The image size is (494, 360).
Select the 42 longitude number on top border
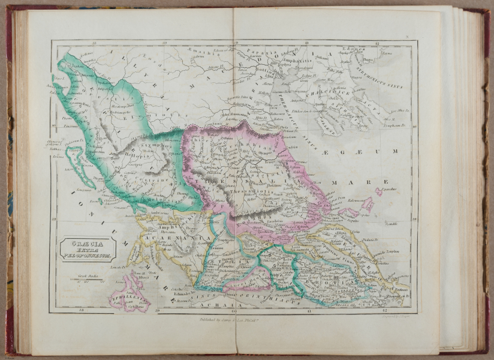377,44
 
